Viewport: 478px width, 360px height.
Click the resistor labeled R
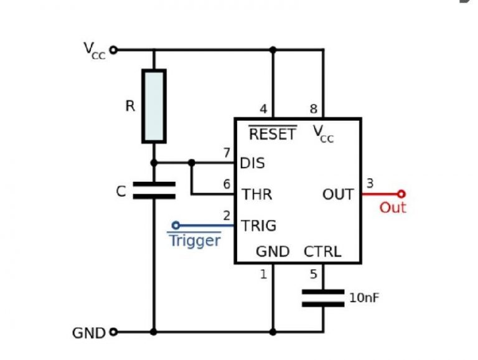[154, 106]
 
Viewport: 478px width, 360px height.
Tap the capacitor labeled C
[154, 190]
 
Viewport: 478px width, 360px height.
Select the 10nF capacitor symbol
[323, 297]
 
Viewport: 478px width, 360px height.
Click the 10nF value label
[364, 298]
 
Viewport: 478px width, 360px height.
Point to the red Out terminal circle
[401, 194]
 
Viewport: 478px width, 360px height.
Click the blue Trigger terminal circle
[176, 225]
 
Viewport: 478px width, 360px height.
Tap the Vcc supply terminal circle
[113, 49]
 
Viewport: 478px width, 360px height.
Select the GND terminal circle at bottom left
[113, 331]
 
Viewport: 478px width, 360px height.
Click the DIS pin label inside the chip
[253, 163]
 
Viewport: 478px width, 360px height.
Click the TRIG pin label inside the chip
[258, 225]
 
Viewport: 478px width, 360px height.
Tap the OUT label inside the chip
[338, 194]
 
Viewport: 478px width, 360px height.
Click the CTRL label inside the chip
[322, 252]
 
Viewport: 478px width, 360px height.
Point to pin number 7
[227, 153]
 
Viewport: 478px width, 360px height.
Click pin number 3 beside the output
[370, 183]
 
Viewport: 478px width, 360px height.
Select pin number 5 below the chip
[313, 273]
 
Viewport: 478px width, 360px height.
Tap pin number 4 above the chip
[263, 109]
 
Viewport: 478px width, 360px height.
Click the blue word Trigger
[195, 240]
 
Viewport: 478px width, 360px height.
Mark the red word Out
[393, 207]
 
